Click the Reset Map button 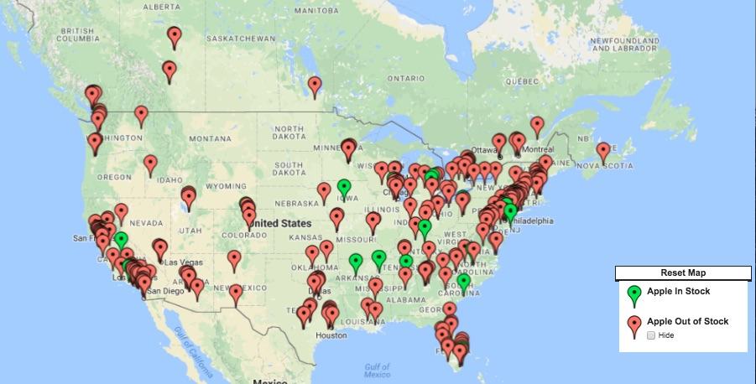(x=683, y=273)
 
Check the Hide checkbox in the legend (x=651, y=335)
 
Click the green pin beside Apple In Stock (x=634, y=294)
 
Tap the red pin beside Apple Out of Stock (x=634, y=324)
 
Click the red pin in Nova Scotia (x=602, y=151)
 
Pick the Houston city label (x=331, y=335)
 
